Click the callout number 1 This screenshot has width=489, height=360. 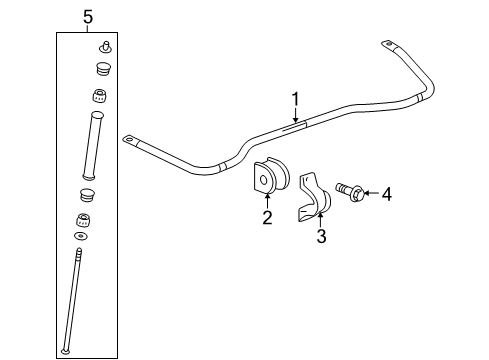click(295, 98)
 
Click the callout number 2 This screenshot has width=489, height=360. click(267, 218)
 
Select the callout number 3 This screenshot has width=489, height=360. click(321, 237)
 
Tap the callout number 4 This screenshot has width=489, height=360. click(386, 194)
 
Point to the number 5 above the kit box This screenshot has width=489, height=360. click(87, 17)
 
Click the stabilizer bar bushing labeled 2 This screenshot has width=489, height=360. click(268, 179)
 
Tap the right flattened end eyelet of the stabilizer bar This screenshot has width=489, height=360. click(388, 43)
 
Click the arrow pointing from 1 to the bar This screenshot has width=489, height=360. click(295, 114)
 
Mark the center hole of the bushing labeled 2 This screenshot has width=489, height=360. click(265, 181)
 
